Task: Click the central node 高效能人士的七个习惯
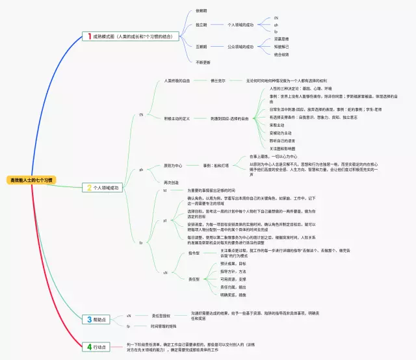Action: (x=32, y=179)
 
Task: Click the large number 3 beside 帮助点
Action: (x=90, y=319)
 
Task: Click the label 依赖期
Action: (x=201, y=10)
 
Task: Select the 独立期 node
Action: (x=201, y=25)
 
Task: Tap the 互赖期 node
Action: (x=201, y=47)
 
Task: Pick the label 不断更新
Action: (x=203, y=62)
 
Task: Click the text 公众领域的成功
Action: (x=240, y=47)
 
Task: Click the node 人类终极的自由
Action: (x=177, y=81)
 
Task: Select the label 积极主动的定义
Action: (x=177, y=119)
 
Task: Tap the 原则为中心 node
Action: (x=174, y=165)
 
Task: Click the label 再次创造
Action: (x=170, y=182)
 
